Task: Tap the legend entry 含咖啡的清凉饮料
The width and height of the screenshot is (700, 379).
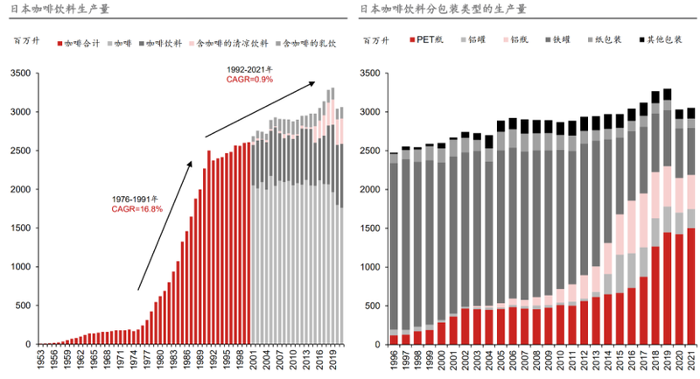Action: pyautogui.click(x=229, y=42)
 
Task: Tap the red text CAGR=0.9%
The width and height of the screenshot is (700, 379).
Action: pyautogui.click(x=249, y=79)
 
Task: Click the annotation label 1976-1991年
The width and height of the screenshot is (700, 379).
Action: pyautogui.click(x=136, y=199)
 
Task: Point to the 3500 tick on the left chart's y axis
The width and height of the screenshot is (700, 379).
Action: pyautogui.click(x=20, y=74)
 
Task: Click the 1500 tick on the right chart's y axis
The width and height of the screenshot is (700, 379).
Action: pyautogui.click(x=371, y=228)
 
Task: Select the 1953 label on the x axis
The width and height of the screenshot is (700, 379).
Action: pyautogui.click(x=41, y=361)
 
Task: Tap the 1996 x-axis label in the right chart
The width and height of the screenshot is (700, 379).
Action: pyautogui.click(x=394, y=361)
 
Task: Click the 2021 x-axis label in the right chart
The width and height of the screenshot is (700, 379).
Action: pyautogui.click(x=690, y=361)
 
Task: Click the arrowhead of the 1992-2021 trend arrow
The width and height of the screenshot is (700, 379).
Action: pyautogui.click(x=312, y=82)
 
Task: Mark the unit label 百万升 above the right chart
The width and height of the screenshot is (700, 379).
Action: pyautogui.click(x=375, y=41)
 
